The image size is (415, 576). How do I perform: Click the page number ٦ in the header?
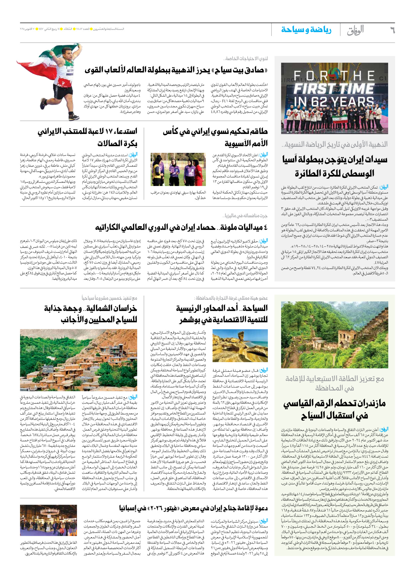392,30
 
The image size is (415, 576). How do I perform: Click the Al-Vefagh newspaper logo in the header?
356,31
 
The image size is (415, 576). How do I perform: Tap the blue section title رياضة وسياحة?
306,30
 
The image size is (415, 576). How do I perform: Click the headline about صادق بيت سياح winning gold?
176,70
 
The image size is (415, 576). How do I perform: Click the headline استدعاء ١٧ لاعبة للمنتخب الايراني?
87,132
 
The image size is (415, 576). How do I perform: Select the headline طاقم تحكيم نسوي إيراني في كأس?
215,132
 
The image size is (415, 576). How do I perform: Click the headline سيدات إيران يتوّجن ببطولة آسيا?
334,160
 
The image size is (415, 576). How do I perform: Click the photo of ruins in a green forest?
334,335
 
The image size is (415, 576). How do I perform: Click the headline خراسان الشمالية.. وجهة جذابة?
90,308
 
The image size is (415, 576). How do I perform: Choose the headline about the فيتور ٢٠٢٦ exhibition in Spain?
193,508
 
